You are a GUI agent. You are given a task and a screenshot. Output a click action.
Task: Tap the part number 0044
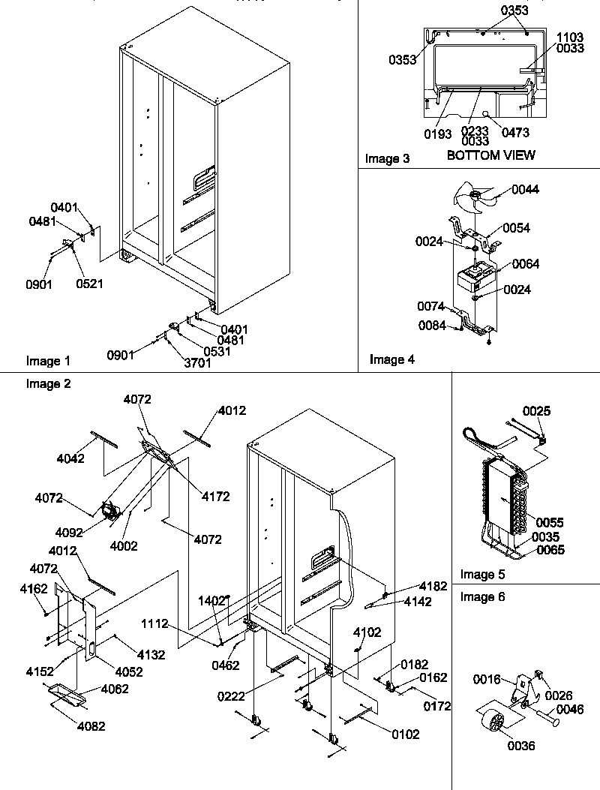point(525,190)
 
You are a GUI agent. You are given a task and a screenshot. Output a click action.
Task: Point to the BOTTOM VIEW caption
point(490,155)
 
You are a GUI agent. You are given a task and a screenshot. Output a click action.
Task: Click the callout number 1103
point(569,36)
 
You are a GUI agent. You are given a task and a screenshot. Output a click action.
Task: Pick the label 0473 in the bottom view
point(515,133)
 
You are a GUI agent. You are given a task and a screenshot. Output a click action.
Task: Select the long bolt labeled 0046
point(550,722)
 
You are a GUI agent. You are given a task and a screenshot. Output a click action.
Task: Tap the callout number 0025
point(535,410)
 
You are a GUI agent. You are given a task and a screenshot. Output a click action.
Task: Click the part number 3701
point(196,364)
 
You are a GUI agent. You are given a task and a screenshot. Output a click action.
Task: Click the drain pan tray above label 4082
point(65,693)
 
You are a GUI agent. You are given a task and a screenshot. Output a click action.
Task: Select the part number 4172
point(215,496)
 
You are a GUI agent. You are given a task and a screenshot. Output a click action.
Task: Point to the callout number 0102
point(405,734)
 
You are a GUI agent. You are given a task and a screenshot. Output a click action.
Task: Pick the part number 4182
point(433,585)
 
